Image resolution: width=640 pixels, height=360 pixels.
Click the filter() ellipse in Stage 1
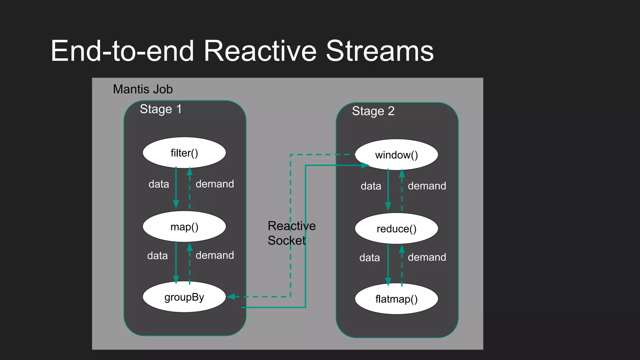[184, 153]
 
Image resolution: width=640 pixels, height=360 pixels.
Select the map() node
[184, 227]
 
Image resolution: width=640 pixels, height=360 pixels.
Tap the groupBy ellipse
[184, 297]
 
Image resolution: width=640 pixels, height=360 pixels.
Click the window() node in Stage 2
[396, 155]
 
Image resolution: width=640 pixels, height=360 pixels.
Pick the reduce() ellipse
[396, 228]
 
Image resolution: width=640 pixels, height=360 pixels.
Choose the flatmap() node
[396, 299]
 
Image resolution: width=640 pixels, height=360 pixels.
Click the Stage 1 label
[160, 109]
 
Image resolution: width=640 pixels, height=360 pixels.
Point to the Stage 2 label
[373, 111]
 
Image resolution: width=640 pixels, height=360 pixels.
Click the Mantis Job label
[143, 89]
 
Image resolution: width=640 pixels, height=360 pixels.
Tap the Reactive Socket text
[291, 233]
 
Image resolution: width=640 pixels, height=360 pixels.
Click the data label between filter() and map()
[159, 184]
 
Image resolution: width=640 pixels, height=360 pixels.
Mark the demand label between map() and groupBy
[215, 255]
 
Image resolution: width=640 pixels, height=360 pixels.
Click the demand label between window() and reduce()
[427, 186]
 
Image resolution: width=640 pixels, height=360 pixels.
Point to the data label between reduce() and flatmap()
[370, 258]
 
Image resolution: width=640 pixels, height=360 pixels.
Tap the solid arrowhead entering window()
[365, 165]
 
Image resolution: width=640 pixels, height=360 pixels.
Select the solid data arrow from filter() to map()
[176, 187]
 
